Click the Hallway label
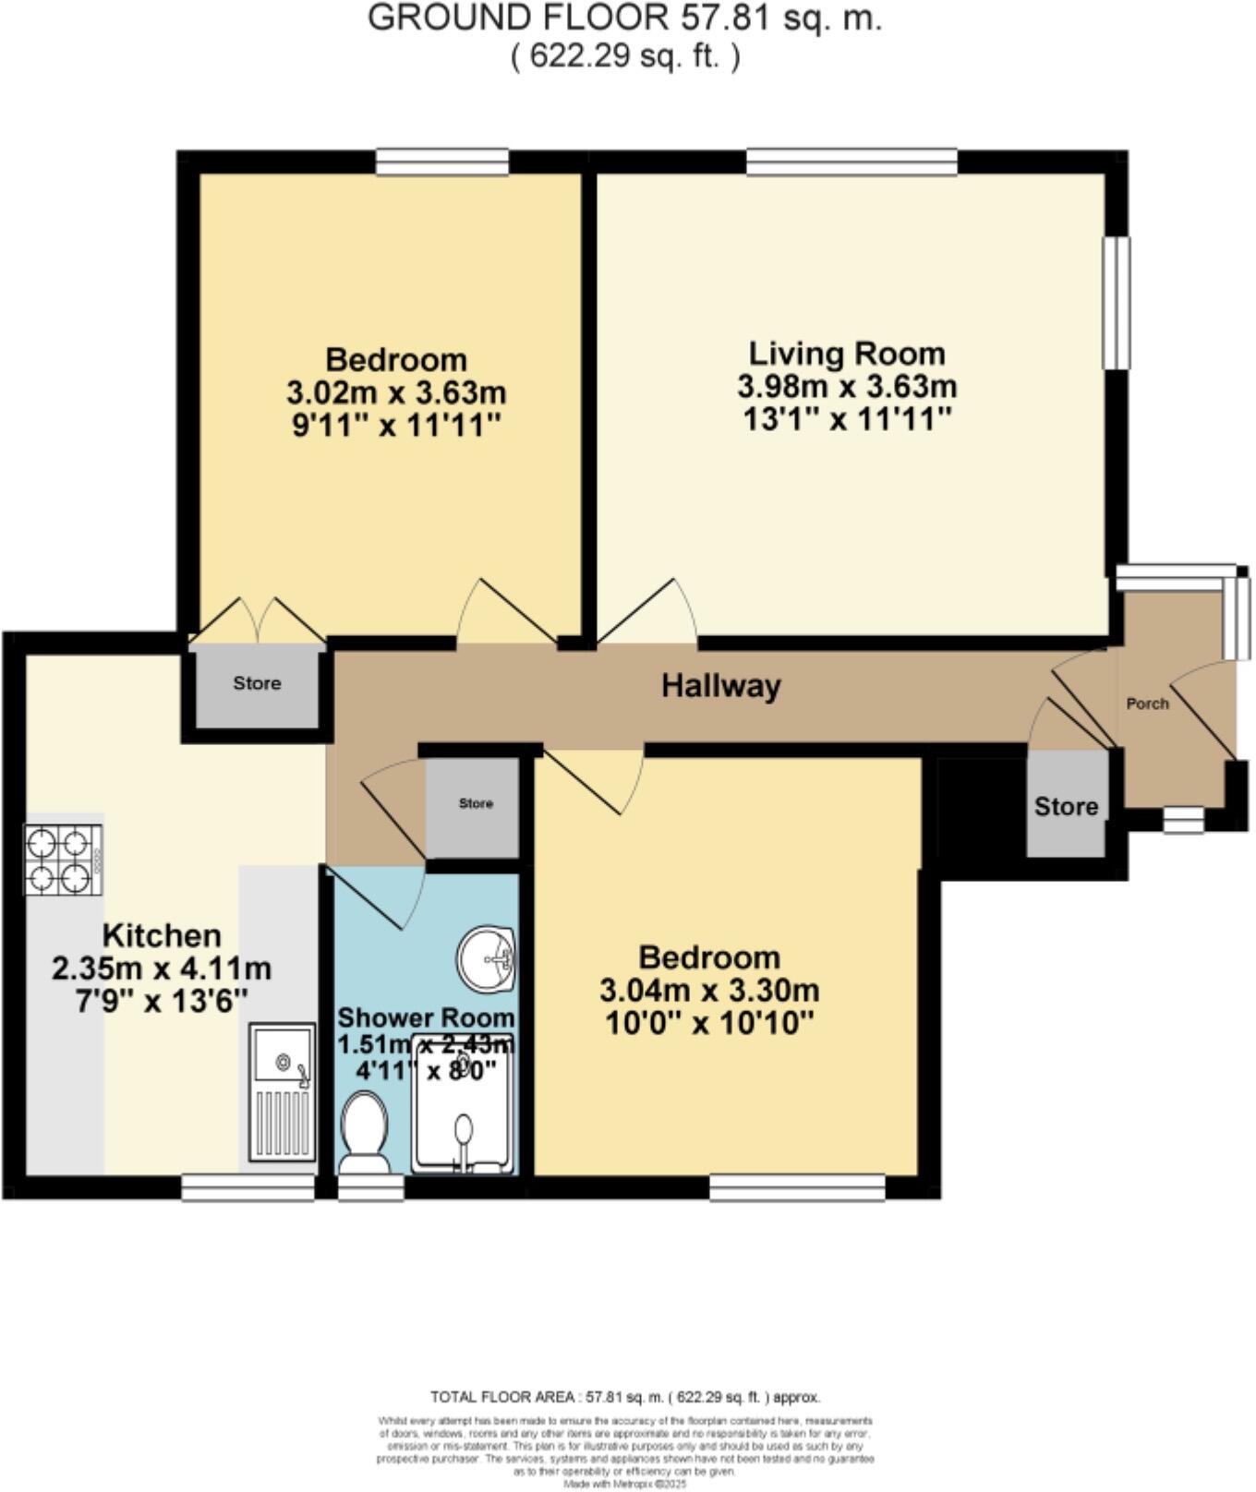[720, 686]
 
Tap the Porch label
[1147, 704]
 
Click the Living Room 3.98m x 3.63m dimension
[846, 386]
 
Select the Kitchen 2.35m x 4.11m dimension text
[162, 969]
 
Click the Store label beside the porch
[1066, 806]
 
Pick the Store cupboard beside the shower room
[476, 804]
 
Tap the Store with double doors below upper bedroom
[257, 684]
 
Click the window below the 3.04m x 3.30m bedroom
[797, 1187]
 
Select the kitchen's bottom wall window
[248, 1188]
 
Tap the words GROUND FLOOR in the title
[518, 18]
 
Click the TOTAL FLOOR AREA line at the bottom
[625, 1397]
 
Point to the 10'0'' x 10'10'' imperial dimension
[709, 1023]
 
